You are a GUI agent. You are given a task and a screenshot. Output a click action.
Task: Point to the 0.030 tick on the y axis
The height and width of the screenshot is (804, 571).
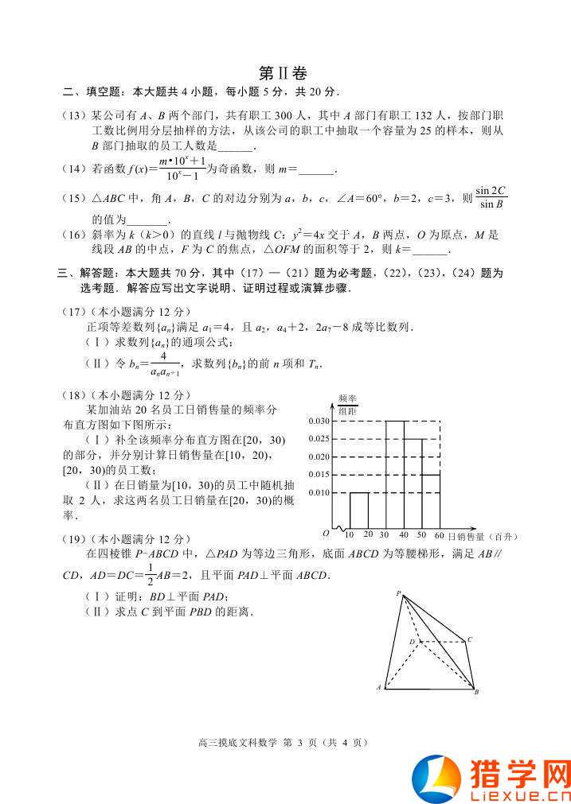(x=319, y=421)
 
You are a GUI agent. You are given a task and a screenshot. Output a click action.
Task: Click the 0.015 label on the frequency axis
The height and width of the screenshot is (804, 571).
(x=319, y=475)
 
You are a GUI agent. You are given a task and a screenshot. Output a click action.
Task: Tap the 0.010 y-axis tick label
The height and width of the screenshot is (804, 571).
(x=319, y=493)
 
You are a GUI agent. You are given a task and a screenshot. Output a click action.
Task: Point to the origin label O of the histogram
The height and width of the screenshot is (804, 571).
(x=326, y=534)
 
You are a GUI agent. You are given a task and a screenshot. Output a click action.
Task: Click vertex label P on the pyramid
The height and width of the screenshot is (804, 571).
(x=399, y=592)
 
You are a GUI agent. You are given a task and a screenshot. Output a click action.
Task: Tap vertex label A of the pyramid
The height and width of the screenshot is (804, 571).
(x=378, y=687)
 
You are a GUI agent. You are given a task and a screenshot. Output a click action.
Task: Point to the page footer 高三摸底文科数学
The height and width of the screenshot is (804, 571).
(x=236, y=743)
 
